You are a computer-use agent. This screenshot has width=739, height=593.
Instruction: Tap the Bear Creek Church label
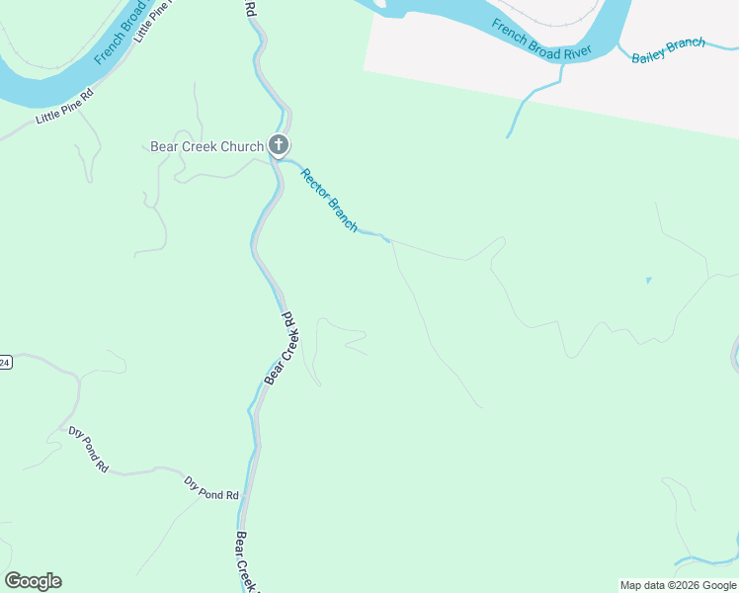click(206, 147)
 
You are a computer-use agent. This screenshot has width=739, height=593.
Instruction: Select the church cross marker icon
click(279, 146)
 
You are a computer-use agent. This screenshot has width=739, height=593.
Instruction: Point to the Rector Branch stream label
click(329, 200)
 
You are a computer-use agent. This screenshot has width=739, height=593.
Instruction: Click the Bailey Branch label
click(669, 48)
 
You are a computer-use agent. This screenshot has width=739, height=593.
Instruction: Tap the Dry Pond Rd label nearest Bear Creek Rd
click(211, 487)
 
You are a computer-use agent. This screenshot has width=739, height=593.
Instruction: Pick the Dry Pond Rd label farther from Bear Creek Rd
click(87, 448)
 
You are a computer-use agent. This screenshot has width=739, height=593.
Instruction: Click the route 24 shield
click(4, 363)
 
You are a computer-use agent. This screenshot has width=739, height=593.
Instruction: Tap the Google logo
click(33, 581)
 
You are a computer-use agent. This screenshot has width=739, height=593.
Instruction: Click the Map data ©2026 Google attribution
click(679, 585)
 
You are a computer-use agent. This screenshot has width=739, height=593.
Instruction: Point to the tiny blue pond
click(648, 281)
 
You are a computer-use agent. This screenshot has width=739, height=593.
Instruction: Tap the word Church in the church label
click(242, 147)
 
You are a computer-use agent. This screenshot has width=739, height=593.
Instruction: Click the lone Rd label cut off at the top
click(249, 9)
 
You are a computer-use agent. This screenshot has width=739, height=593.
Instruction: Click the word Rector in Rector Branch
click(315, 185)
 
